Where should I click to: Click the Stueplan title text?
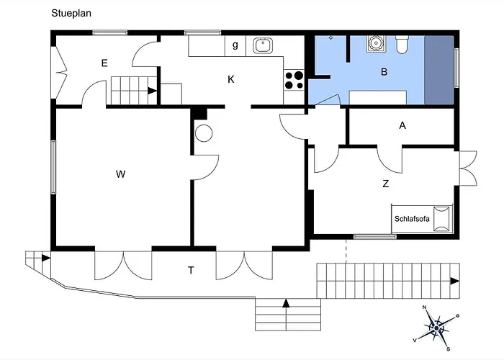[x=71, y=13]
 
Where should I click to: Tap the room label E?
[x=104, y=63]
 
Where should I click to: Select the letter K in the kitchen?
[x=231, y=79]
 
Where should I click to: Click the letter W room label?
[x=120, y=174]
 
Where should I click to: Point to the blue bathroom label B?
[x=384, y=72]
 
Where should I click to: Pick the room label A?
[x=402, y=125]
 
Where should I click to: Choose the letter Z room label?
[x=386, y=184]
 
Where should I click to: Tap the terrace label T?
[x=191, y=270]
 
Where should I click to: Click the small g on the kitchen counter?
[x=235, y=45]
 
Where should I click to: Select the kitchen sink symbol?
[x=263, y=45]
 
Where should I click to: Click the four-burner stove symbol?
[x=294, y=81]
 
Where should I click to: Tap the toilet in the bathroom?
[x=402, y=45]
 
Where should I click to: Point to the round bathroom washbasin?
[x=374, y=43]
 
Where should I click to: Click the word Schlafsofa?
[x=412, y=219]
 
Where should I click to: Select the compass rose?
[x=436, y=328]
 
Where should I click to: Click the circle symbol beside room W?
[x=204, y=133]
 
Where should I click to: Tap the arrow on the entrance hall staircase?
[x=152, y=91]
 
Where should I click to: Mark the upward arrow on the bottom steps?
[x=286, y=303]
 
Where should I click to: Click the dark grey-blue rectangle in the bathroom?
[x=439, y=70]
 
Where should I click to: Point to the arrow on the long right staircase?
[x=454, y=282]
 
